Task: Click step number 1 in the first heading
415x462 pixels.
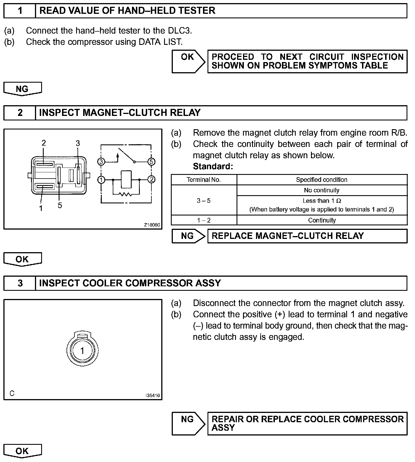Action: [x=20, y=11]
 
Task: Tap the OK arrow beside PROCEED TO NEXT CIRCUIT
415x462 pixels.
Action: [x=188, y=61]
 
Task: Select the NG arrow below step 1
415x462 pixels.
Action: [x=22, y=89]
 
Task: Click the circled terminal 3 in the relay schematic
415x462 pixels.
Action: [x=101, y=162]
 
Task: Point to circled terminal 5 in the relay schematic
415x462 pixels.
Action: [x=151, y=162]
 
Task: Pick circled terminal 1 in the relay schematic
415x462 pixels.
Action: [x=101, y=180]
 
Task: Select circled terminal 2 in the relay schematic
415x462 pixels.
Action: [x=151, y=179]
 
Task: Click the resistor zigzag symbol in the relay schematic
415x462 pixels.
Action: [x=126, y=194]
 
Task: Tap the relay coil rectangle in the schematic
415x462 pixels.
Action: [x=126, y=179]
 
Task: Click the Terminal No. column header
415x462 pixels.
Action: [x=204, y=180]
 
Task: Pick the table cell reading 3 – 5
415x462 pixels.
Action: [x=204, y=201]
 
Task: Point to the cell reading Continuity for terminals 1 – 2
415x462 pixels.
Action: [x=322, y=220]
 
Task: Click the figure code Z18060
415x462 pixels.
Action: [x=152, y=225]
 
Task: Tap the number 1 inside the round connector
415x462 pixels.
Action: [x=82, y=351]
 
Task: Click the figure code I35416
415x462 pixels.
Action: [x=153, y=395]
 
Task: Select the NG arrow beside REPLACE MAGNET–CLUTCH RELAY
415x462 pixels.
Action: [x=188, y=236]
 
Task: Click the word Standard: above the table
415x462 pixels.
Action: [x=213, y=167]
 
